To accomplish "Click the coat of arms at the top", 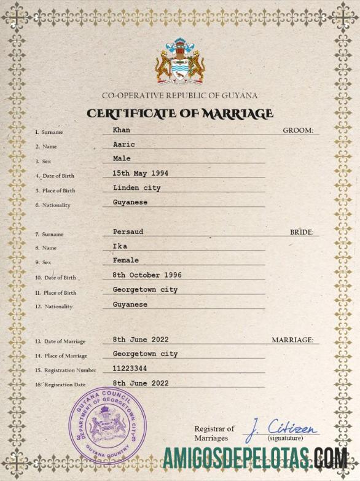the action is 179,62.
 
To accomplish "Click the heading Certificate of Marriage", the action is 179,114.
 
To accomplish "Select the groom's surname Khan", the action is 122,130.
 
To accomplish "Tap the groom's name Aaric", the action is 123,144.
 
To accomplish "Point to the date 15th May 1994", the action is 140,173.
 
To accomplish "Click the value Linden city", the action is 137,187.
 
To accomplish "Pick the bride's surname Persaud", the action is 128,232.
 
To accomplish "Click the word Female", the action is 126,260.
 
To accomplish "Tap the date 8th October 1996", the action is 147,275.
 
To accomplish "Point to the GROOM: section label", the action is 298,130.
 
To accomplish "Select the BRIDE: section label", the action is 302,232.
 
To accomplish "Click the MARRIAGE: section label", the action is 292,340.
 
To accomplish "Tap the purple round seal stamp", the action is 107,423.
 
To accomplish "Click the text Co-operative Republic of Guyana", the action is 179,95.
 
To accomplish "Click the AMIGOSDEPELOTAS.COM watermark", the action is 256,458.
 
